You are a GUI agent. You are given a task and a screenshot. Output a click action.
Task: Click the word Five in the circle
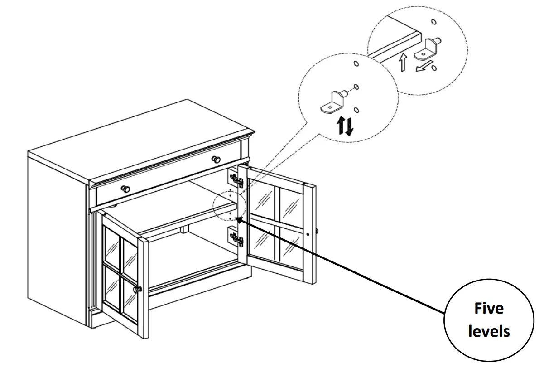point(489,309)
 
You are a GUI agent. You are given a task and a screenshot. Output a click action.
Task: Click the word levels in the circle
point(489,331)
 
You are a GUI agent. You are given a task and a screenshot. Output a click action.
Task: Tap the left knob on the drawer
point(125,189)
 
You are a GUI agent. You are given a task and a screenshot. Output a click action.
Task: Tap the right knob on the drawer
point(217,159)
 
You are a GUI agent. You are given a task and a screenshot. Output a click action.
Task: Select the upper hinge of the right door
point(236,180)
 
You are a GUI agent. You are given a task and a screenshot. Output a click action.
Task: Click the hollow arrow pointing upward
point(402,63)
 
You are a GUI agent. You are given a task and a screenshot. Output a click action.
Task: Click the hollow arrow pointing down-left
point(421,68)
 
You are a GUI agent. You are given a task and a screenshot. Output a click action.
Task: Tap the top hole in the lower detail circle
point(356,64)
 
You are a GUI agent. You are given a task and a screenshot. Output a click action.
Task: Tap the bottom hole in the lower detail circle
point(356,110)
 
